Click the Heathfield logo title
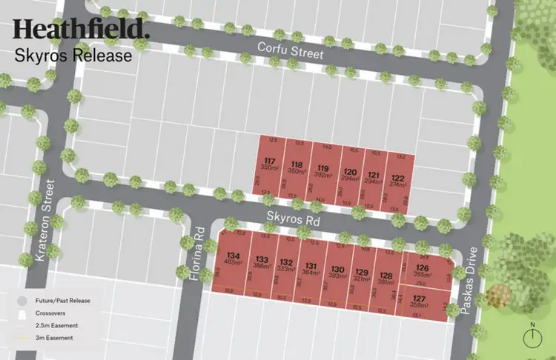pos(81,30)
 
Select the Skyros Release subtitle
pos(73,55)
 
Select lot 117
pos(271,165)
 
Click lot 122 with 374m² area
pos(398,181)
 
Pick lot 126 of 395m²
pos(423,271)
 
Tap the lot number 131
pos(311,267)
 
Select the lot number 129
pos(362,271)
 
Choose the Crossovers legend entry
pos(49,313)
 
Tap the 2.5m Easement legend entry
pos(54,325)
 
